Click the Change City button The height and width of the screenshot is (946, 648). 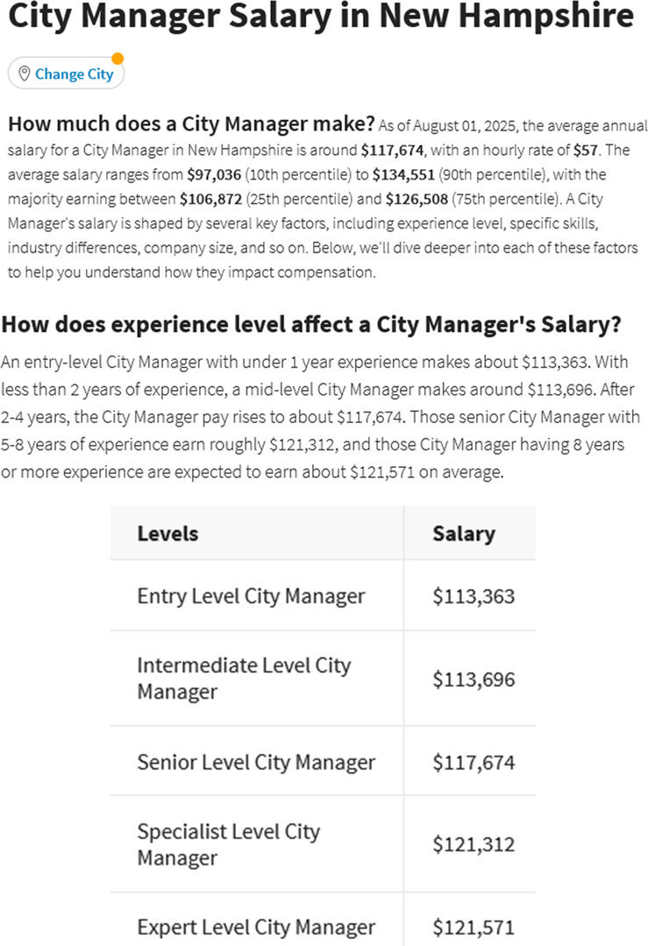(x=67, y=74)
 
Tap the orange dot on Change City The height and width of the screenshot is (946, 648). (x=117, y=59)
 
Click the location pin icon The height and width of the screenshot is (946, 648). (x=24, y=74)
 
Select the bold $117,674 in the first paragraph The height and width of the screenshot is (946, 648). (x=394, y=150)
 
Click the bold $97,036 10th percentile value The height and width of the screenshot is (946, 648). (x=213, y=174)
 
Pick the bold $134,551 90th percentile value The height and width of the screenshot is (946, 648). (x=399, y=174)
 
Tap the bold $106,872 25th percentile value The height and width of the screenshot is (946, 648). (x=210, y=199)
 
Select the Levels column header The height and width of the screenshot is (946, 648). (x=167, y=533)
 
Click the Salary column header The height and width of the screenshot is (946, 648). (x=463, y=533)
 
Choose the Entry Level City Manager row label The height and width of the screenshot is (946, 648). (x=251, y=597)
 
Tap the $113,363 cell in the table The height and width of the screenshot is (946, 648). (x=474, y=597)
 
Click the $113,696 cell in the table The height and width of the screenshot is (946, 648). (x=474, y=679)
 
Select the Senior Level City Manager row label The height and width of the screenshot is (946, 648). (x=256, y=762)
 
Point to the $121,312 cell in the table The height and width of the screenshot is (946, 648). (x=474, y=844)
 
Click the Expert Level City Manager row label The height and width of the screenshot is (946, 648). (x=256, y=927)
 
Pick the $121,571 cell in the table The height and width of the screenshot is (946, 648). (x=474, y=927)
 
